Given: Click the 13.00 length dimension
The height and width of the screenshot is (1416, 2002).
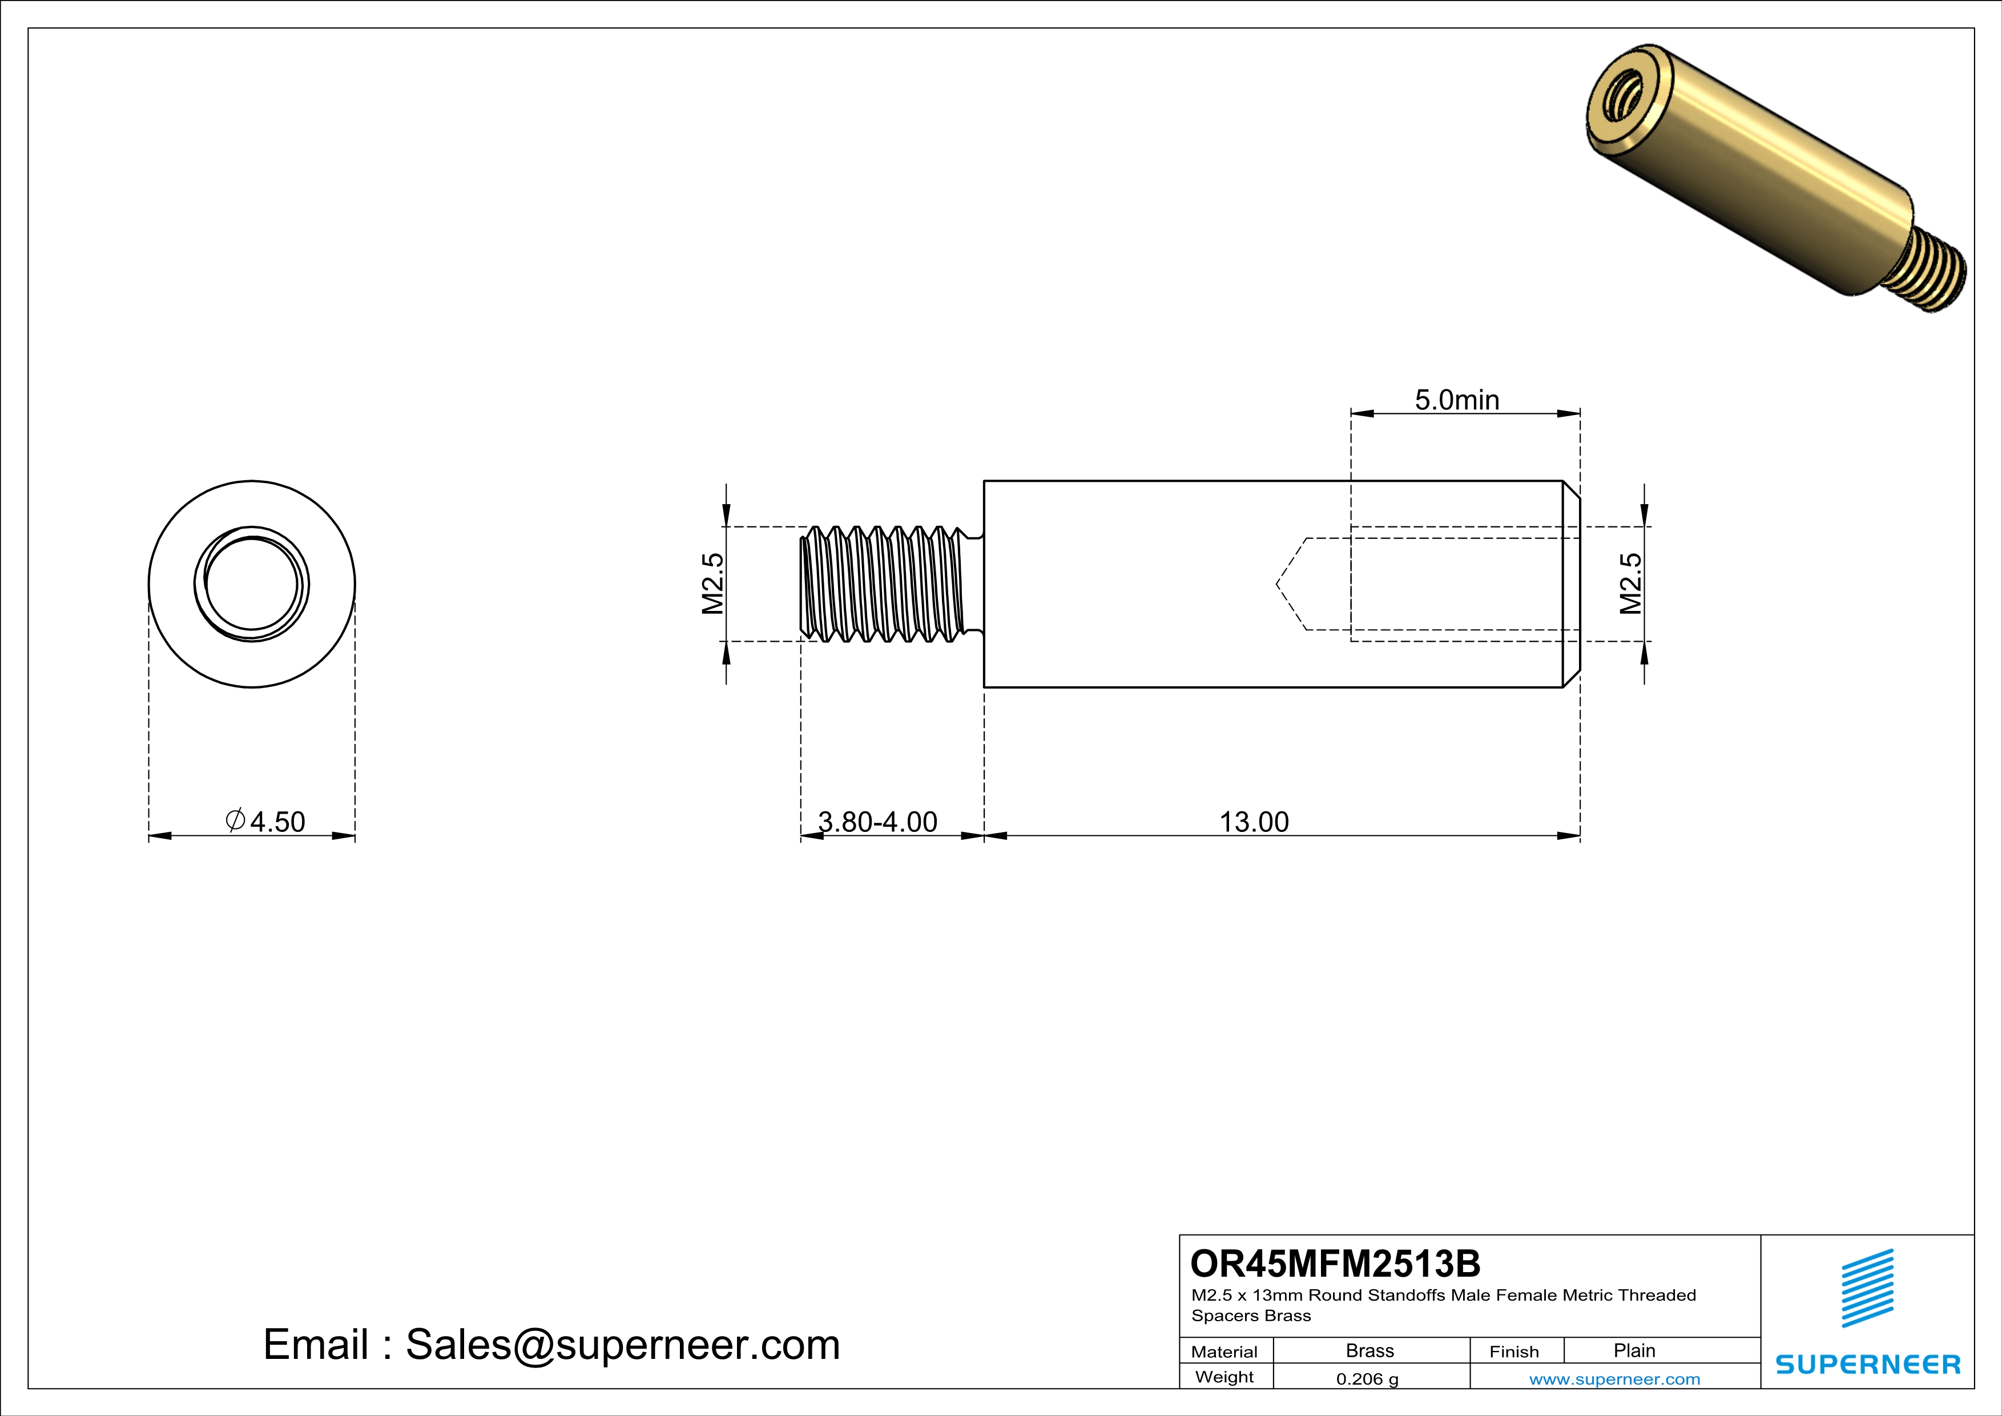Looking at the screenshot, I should (x=1253, y=822).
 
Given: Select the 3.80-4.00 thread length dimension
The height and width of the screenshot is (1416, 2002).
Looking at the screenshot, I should (x=877, y=822).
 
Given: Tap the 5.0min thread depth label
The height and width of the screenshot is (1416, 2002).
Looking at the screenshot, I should (x=1456, y=400).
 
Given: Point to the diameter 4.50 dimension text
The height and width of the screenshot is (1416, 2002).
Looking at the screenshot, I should (x=266, y=822).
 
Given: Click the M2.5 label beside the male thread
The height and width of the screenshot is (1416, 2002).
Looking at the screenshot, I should (x=713, y=584).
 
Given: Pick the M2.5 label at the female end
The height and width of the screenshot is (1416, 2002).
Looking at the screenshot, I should (x=1630, y=584).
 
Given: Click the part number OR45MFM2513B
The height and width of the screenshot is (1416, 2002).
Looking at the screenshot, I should (x=1335, y=1264).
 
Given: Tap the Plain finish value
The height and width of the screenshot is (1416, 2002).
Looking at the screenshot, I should (x=1633, y=1350).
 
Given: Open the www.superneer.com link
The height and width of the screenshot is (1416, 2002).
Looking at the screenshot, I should (x=1614, y=1378).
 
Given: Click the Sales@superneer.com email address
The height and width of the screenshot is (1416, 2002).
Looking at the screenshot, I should (x=623, y=1345).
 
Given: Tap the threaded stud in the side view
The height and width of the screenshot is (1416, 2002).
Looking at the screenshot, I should (x=885, y=584).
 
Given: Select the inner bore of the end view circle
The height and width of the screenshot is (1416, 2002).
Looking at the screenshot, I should (x=252, y=584).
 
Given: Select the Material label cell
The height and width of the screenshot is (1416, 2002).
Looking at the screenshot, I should (x=1224, y=1351).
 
